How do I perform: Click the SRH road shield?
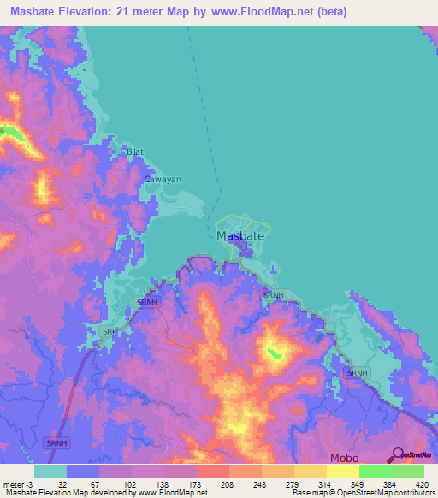[x=109, y=330]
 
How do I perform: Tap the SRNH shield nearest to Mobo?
[x=357, y=373]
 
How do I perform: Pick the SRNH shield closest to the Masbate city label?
[x=272, y=295]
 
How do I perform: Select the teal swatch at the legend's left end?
[x=50, y=471]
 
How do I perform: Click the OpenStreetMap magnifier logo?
[x=396, y=454]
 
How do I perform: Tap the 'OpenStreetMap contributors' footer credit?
[x=388, y=492]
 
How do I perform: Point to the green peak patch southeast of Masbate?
[x=275, y=351]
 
